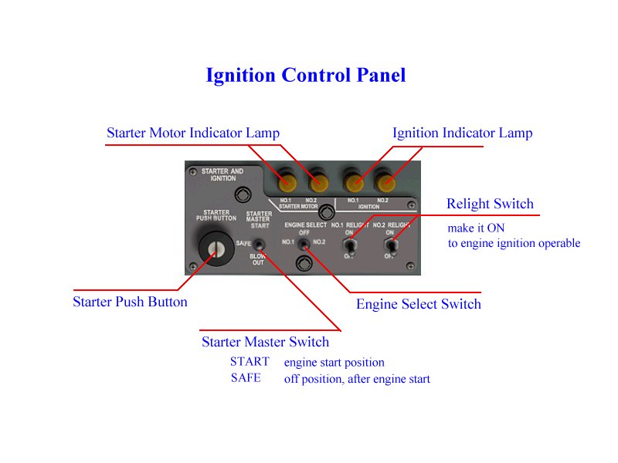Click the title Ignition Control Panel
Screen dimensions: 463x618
tap(305, 76)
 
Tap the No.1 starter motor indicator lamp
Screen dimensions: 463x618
tap(287, 183)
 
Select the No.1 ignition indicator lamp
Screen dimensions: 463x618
tap(355, 183)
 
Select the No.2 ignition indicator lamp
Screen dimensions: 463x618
tap(384, 183)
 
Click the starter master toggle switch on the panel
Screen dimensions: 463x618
tap(259, 244)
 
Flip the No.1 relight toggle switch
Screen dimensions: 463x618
tap(349, 246)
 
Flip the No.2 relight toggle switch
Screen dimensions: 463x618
tap(391, 246)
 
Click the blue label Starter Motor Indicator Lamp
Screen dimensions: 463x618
tap(193, 133)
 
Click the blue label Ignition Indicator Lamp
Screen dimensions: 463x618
tap(462, 133)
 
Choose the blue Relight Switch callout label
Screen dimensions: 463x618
tap(490, 204)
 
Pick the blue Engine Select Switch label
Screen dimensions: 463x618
tap(418, 304)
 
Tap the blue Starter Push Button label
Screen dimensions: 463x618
tap(130, 302)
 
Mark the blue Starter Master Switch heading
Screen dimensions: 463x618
tap(265, 342)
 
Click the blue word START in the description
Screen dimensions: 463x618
tap(250, 361)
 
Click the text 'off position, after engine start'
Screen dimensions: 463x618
tap(357, 379)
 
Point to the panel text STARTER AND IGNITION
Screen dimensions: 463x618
tap(222, 174)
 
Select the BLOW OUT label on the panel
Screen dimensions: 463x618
tap(258, 259)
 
